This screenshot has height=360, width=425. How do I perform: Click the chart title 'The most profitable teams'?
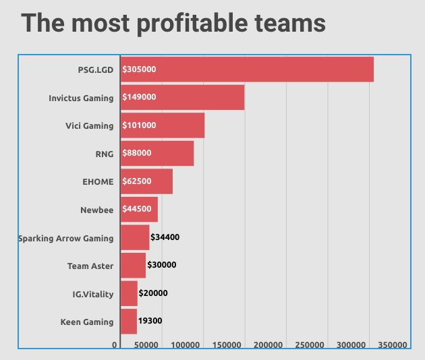click(173, 24)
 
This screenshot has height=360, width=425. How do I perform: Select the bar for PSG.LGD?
click(247, 69)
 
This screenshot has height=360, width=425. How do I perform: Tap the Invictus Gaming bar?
click(182, 97)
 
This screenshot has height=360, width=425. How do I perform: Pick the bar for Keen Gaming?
click(128, 322)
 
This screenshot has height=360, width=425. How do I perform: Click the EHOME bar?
click(146, 181)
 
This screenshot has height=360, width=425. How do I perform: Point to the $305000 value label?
click(140, 69)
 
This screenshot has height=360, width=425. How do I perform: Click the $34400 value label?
click(165, 237)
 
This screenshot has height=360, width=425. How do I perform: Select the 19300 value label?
click(150, 322)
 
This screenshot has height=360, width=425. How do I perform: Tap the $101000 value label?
click(140, 125)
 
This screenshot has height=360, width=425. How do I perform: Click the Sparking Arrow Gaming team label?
click(66, 238)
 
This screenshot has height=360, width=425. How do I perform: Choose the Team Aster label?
click(90, 266)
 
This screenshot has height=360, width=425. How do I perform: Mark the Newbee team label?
click(96, 210)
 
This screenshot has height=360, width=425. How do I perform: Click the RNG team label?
click(105, 154)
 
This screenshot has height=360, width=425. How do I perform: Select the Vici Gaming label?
click(89, 125)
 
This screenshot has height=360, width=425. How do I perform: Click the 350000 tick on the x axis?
click(391, 345)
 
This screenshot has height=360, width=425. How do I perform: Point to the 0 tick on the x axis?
click(115, 345)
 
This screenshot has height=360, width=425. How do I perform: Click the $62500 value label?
click(137, 181)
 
